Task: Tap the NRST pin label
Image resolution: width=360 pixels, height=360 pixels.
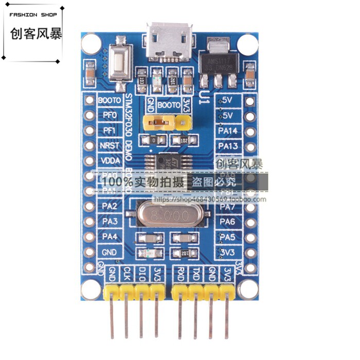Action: point(109,146)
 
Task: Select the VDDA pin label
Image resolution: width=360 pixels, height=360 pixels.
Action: point(109,160)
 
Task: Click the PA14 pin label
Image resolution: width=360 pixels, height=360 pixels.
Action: point(228,131)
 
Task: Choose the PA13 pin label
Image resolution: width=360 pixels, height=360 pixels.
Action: point(228,146)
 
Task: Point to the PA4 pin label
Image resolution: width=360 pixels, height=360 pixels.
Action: point(109,237)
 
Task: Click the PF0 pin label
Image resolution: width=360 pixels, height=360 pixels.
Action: point(109,115)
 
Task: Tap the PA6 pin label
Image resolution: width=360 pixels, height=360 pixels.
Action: point(228,222)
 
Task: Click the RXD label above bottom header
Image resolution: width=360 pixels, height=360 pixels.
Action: point(181,274)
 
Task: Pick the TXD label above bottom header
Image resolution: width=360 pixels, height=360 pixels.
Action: point(196,274)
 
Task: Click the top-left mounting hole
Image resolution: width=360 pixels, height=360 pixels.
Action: point(91,43)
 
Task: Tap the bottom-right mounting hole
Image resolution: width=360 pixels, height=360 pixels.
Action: point(249,290)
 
